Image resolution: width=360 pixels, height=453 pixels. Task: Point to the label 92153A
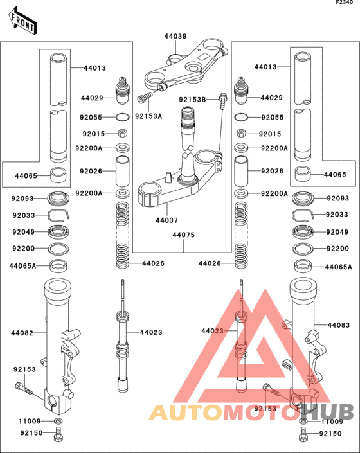[x=148, y=116]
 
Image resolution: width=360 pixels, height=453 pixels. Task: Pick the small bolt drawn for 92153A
[x=143, y=98]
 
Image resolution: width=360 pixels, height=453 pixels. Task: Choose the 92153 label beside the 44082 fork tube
[x=24, y=370]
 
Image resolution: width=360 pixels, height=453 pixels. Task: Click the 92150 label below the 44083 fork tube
[x=330, y=434]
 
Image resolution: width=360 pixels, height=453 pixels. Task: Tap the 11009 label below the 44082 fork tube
[x=30, y=421]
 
